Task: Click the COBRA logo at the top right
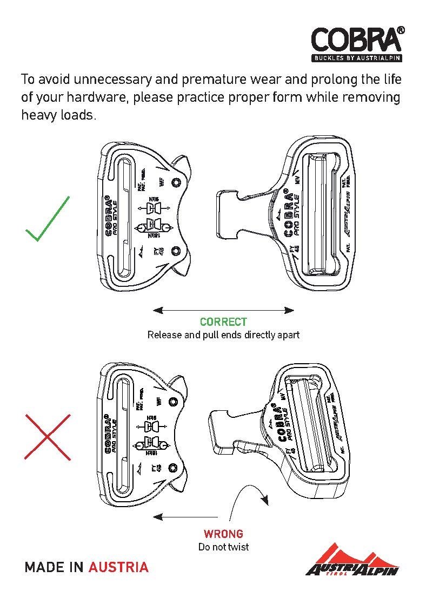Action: (x=357, y=39)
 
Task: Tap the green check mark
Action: (x=48, y=219)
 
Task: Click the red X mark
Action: (x=48, y=437)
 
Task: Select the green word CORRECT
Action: (x=223, y=322)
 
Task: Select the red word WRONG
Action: (x=223, y=534)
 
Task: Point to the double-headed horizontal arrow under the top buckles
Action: (x=223, y=310)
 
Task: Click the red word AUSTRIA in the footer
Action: (x=118, y=567)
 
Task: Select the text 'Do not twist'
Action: (x=223, y=547)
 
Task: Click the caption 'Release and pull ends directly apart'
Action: (x=223, y=334)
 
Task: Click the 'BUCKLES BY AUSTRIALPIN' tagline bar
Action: (x=357, y=57)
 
